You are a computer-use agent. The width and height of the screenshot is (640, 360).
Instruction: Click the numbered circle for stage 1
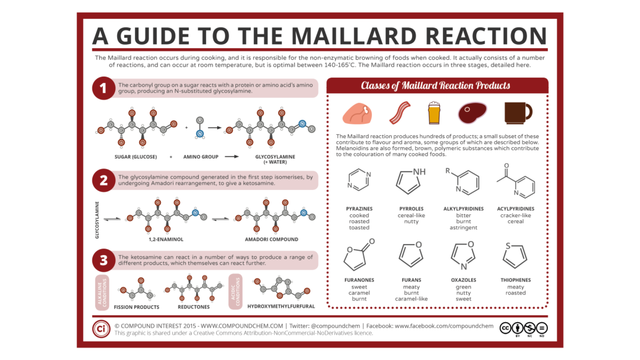[103, 88]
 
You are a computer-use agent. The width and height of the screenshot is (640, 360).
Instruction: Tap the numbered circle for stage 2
[103, 180]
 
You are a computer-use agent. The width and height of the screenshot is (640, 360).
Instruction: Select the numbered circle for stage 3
[103, 260]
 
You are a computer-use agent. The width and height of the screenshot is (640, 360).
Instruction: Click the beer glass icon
[434, 113]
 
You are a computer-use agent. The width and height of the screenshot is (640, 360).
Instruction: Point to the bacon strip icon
[400, 113]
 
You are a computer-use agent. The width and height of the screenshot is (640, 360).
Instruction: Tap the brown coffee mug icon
[518, 113]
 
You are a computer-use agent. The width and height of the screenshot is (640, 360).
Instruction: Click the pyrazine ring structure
[359, 180]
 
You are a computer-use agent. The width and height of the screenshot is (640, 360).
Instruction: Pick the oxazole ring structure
[463, 256]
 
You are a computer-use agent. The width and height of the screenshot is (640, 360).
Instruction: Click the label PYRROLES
[411, 209]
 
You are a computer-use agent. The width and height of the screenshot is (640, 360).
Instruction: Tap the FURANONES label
[359, 280]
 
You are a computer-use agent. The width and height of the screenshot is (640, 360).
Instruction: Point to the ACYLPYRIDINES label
[516, 209]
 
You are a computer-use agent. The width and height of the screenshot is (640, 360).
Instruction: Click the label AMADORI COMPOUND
[272, 239]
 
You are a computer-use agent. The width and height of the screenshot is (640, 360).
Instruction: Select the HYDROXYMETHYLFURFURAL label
[281, 306]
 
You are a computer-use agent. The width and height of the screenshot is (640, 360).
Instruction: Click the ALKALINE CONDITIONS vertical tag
[102, 292]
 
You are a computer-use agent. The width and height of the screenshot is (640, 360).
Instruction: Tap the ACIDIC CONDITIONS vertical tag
[235, 292]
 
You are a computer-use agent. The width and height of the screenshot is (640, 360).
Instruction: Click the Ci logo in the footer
[101, 329]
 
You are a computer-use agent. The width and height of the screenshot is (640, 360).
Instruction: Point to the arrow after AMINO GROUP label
[232, 157]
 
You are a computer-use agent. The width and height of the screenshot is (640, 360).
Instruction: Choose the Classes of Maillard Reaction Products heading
[436, 86]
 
